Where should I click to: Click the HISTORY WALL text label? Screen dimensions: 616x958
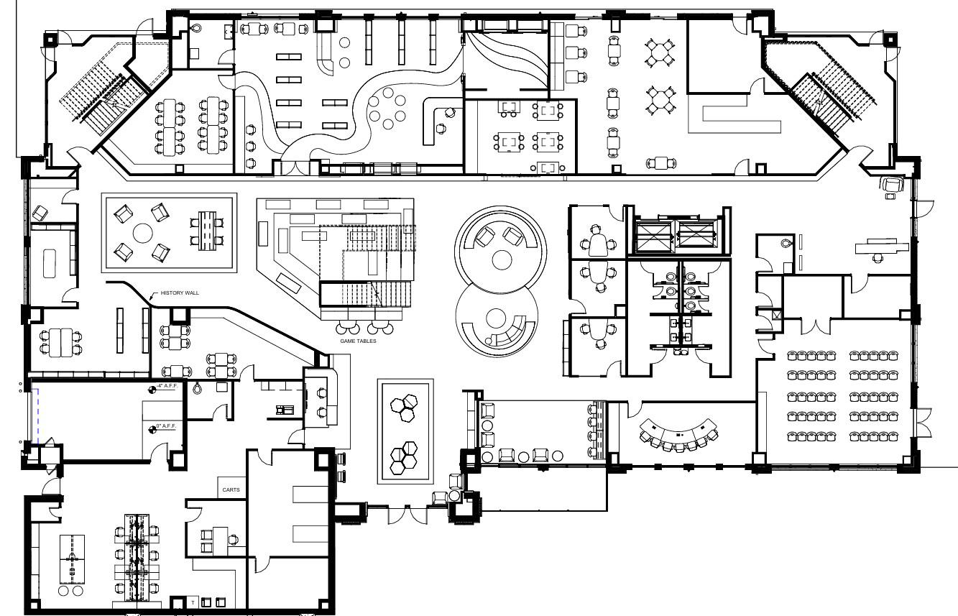(x=180, y=293)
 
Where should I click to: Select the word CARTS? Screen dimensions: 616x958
(x=231, y=490)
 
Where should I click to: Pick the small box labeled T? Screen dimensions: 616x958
(x=193, y=602)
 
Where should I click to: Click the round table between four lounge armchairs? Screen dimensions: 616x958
(x=143, y=234)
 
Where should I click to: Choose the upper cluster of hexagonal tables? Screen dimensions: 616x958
(x=405, y=406)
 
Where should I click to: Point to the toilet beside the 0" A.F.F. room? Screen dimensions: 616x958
(x=198, y=388)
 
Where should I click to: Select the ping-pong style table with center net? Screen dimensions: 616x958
(x=72, y=556)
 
